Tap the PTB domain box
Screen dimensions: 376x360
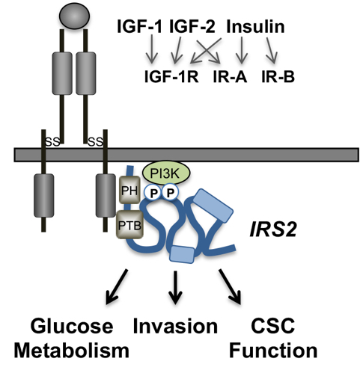(x=128, y=222)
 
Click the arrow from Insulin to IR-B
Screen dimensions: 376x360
(x=275, y=51)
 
